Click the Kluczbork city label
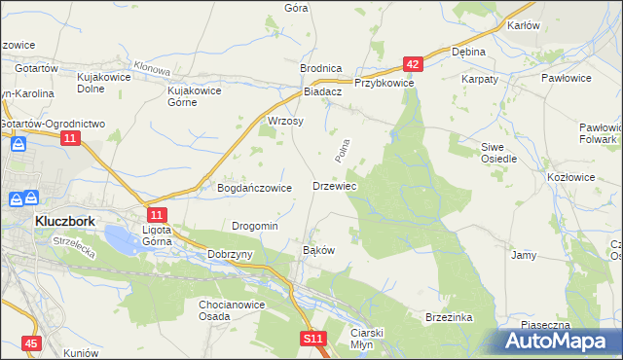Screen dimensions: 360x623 coord(64,221)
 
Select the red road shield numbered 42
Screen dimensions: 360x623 coord(414,64)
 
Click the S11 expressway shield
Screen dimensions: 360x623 coord(311,338)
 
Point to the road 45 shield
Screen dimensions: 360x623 coord(32,343)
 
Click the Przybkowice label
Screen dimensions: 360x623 coord(385,84)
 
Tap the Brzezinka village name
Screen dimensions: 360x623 coord(449,317)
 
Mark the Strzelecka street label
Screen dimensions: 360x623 coord(73,247)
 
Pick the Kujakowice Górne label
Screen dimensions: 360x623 coord(196,96)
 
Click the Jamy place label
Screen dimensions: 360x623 coord(524,255)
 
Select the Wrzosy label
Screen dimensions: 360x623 coord(285,122)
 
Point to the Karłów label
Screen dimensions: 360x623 coord(524,25)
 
